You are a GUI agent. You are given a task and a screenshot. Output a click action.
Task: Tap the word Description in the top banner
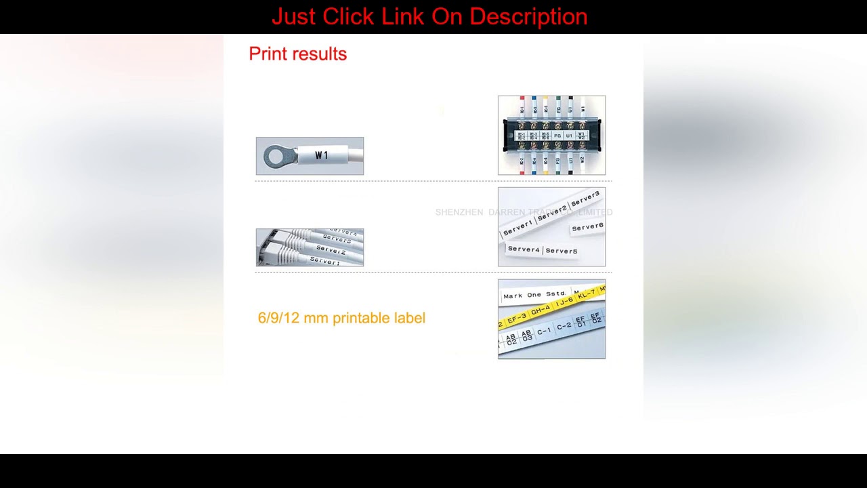click(x=528, y=16)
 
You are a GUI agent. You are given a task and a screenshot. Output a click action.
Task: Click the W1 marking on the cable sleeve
click(x=322, y=156)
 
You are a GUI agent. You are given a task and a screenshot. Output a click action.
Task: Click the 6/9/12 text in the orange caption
click(x=278, y=318)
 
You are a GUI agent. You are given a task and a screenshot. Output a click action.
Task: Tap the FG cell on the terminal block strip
click(x=557, y=136)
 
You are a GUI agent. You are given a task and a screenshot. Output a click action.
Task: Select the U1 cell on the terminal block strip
click(x=570, y=136)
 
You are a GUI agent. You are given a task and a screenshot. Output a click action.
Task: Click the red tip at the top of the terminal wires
click(x=522, y=99)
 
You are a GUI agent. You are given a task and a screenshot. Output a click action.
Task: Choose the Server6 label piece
click(x=587, y=227)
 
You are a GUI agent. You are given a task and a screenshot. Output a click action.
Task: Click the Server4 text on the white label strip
click(x=524, y=249)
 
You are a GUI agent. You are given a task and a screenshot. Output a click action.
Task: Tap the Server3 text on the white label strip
click(x=585, y=199)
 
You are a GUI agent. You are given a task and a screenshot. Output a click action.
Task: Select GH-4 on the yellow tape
click(x=541, y=311)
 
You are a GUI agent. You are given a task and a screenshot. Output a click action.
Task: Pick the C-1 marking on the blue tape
click(x=544, y=331)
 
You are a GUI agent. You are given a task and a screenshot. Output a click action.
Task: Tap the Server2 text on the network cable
click(x=331, y=250)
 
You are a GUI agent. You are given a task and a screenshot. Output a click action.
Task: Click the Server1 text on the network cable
click(x=324, y=261)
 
